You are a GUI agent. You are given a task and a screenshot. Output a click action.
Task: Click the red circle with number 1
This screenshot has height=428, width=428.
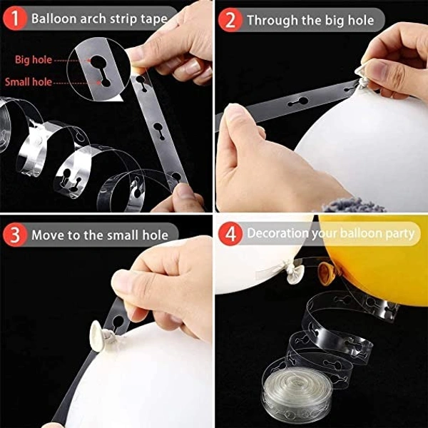(x=15, y=18)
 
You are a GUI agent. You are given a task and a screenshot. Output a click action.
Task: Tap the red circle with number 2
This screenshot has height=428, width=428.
(x=230, y=20)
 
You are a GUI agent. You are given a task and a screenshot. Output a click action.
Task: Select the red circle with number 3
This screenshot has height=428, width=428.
(x=15, y=235)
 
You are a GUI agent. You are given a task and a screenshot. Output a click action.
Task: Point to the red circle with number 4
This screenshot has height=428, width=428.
(x=230, y=233)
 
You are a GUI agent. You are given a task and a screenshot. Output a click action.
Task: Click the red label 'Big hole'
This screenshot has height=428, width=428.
(x=34, y=60)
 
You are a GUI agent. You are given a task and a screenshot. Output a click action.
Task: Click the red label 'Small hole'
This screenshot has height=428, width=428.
(x=29, y=82)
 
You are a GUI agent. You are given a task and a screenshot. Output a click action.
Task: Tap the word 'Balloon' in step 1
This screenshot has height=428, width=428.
(x=53, y=19)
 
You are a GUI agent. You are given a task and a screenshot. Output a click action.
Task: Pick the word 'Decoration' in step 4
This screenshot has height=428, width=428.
(x=277, y=233)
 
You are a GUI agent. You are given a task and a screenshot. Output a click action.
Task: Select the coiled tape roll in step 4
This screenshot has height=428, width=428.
(x=297, y=392)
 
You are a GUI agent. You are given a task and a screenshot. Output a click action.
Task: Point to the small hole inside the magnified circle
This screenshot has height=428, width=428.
(x=106, y=83)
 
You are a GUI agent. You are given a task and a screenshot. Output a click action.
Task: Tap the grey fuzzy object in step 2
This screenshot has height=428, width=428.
(x=354, y=205)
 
